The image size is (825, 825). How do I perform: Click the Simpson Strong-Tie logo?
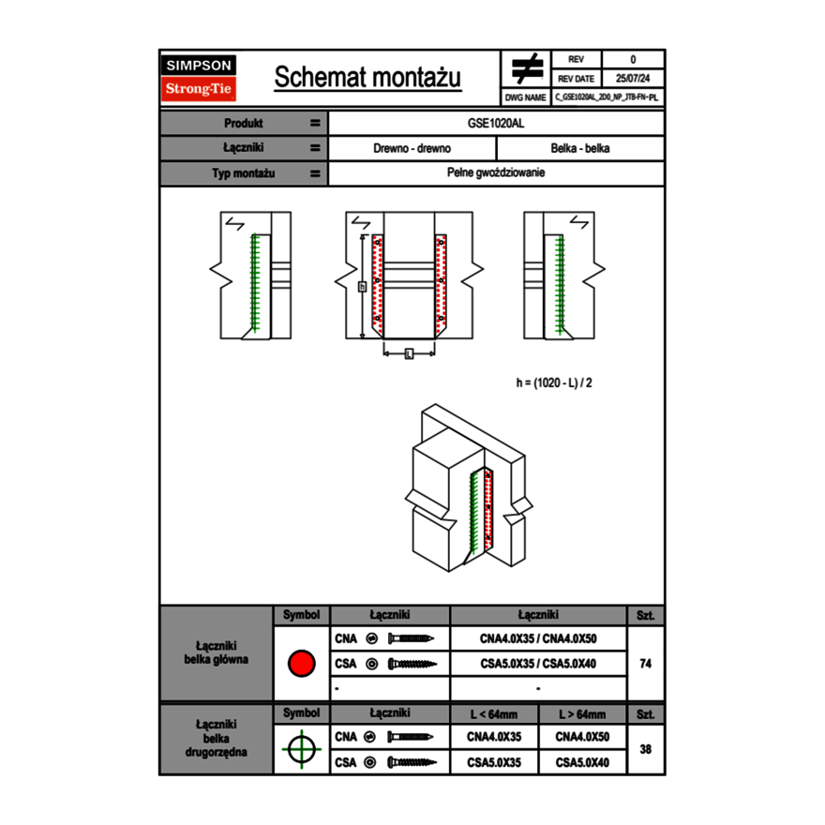[x=200, y=78]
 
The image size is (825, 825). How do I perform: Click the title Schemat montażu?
[x=367, y=78]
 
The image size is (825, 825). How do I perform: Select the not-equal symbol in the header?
[x=527, y=68]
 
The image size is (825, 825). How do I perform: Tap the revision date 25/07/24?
[x=633, y=79]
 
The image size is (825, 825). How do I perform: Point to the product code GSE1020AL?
[x=496, y=123]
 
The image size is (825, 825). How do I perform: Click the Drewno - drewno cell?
[x=412, y=148]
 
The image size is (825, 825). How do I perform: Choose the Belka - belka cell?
[x=580, y=148]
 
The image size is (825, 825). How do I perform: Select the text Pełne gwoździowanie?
[x=496, y=173]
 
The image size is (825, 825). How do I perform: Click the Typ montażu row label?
[x=243, y=173]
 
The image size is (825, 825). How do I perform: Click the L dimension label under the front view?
[x=409, y=353]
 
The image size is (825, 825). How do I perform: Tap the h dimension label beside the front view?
[x=362, y=286]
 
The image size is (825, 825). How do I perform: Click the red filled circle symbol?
[x=300, y=664]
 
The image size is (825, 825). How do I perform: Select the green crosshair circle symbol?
[x=300, y=749]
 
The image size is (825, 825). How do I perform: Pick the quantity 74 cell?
[x=645, y=664]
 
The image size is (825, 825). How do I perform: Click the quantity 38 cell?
[x=645, y=749]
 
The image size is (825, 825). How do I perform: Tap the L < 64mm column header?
[x=494, y=714]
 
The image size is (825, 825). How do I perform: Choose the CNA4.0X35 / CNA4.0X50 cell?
[x=538, y=639]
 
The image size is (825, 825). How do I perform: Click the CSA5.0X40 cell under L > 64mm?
[x=582, y=763]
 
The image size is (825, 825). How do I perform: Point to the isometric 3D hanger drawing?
[x=469, y=487]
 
